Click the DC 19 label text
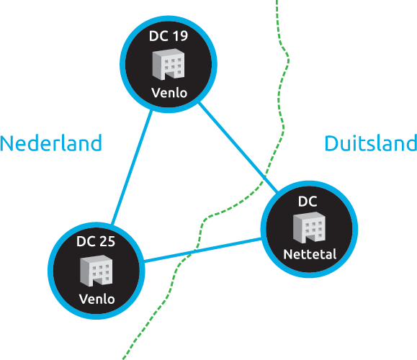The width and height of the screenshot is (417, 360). (169, 36)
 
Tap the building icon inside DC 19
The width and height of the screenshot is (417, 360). (169, 64)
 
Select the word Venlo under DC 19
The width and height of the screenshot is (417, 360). (169, 93)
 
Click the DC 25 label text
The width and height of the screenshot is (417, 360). (96, 241)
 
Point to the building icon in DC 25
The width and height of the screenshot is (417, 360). (97, 271)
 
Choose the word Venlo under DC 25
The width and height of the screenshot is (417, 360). (97, 299)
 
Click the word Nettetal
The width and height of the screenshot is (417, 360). (310, 254)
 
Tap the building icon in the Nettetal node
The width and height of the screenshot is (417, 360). (309, 228)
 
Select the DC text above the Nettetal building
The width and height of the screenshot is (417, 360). (308, 202)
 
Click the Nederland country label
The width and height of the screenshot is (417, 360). (51, 143)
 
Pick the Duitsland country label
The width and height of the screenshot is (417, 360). (371, 143)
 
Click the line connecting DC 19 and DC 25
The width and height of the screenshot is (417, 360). (133, 167)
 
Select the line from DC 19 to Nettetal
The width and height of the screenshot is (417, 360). (238, 147)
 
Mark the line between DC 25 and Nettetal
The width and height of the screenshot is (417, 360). (202, 250)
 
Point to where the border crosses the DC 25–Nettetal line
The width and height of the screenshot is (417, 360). (194, 251)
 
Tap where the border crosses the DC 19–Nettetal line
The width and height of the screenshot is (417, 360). (265, 177)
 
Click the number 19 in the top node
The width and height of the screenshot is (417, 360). (180, 36)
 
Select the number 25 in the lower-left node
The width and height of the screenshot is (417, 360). (107, 241)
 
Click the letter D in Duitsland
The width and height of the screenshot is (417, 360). (331, 143)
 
